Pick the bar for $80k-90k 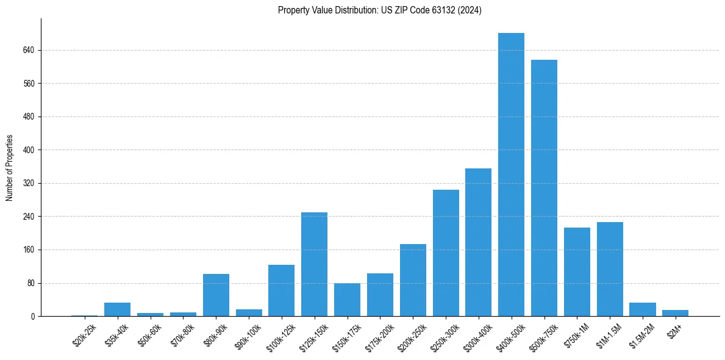pos(216,295)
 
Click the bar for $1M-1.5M pos(610,269)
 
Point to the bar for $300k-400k pos(478,242)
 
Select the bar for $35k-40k pos(117,309)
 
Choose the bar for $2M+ pos(675,313)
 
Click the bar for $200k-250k pos(413,280)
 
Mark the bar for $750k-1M pos(577,272)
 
